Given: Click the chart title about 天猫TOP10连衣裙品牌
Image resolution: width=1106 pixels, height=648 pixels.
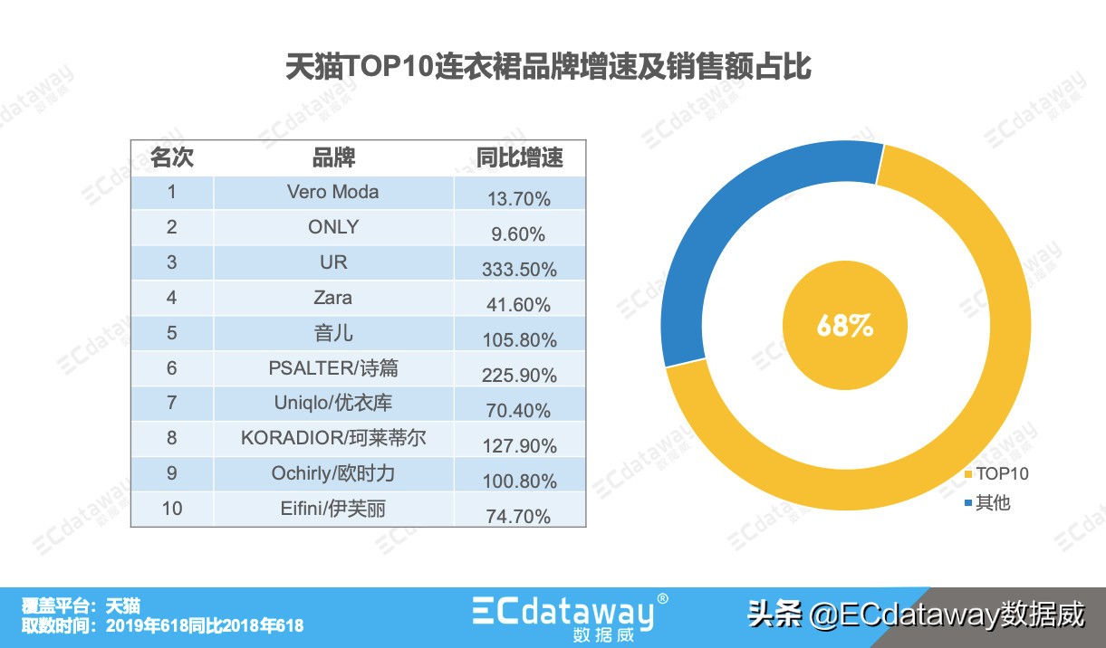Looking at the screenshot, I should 548,68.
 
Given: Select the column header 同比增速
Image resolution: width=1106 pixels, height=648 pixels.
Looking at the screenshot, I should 519,158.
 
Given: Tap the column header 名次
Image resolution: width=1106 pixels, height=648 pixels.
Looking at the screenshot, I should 172,158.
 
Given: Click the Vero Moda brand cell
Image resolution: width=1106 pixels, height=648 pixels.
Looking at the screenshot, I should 333,192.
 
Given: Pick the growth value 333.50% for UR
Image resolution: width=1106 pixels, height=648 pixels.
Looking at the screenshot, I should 519,270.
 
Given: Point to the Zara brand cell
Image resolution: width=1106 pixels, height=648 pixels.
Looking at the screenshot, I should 333,298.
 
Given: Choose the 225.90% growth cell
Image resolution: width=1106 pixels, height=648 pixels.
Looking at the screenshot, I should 519,376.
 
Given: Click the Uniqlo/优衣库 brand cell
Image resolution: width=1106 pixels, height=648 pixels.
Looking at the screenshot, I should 333,404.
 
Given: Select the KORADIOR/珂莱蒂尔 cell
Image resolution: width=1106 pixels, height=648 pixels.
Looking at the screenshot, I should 333,439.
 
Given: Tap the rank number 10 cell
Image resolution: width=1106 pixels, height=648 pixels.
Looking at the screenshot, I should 172,509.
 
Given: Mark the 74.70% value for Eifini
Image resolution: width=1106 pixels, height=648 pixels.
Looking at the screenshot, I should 519,517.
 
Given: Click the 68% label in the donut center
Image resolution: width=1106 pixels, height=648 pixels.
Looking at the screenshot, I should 844,326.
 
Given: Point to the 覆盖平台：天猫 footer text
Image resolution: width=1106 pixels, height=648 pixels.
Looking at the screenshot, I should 82,605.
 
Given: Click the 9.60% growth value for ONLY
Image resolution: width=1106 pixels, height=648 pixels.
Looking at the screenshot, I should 519,234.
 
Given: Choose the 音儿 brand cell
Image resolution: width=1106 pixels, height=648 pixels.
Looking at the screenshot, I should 333,333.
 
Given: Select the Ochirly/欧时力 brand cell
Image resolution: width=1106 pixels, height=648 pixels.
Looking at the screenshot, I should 333,473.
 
